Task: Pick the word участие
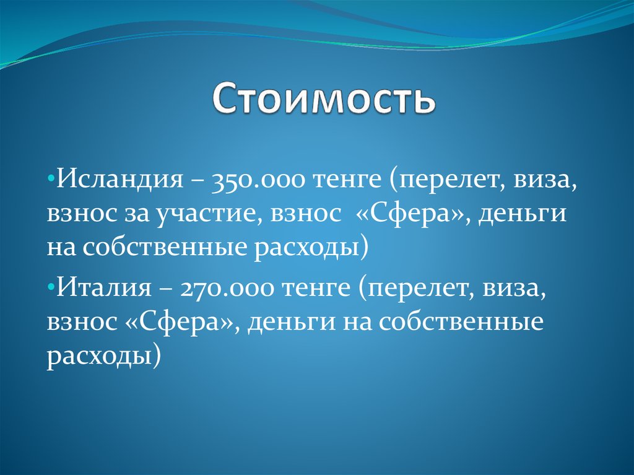point(204,214)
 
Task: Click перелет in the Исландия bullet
point(443,181)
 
